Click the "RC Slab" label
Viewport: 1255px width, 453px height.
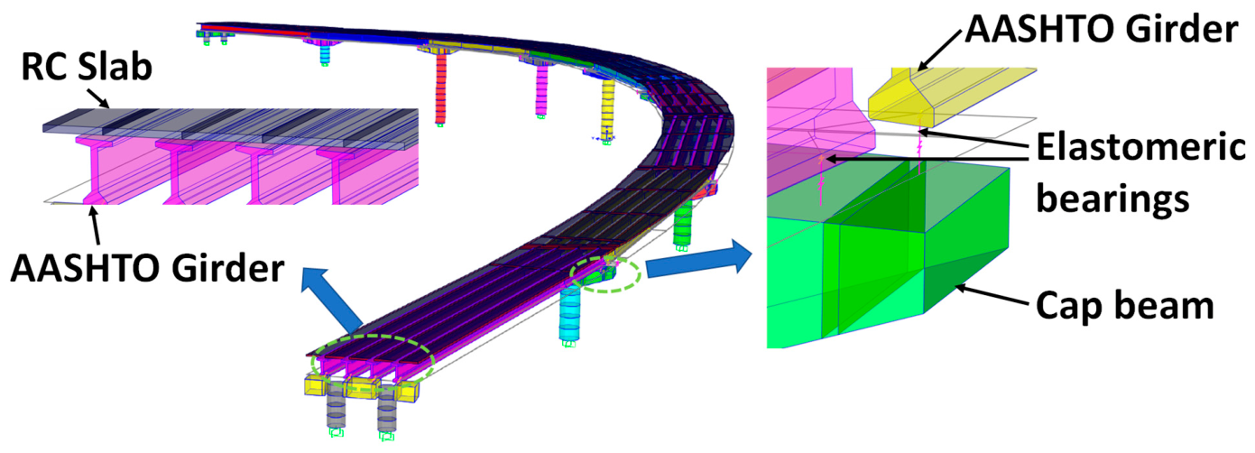87,68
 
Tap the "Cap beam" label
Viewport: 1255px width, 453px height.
1125,306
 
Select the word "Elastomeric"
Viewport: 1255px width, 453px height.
1140,147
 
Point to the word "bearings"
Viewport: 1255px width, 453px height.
1112,199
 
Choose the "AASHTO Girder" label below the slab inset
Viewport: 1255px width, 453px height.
147,268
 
